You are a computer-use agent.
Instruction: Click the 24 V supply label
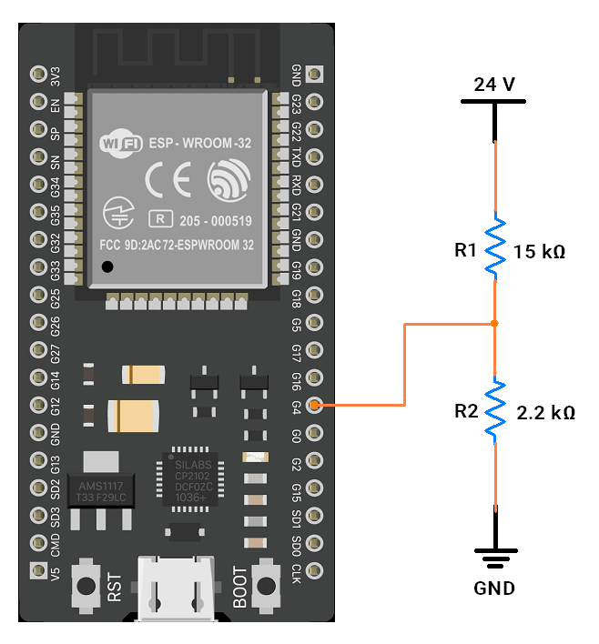coord(493,85)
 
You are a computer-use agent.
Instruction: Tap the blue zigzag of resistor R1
coord(495,246)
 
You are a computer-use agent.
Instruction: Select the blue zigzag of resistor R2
coord(495,409)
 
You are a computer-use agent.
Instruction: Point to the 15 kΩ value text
coord(540,252)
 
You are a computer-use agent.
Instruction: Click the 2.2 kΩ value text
coord(545,413)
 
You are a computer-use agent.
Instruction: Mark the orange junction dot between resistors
coord(494,324)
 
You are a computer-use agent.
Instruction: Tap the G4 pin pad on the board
coord(314,405)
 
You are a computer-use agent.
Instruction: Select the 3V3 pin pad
coord(38,75)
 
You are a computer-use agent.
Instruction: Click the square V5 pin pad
coord(38,570)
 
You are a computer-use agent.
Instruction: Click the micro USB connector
coord(176,589)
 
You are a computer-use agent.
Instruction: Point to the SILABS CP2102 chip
coord(190,479)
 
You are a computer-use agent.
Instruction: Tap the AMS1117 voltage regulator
coord(101,492)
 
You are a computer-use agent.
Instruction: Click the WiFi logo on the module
coord(121,144)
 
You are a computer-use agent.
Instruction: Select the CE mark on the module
coord(168,179)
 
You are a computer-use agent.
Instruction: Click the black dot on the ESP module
coord(107,267)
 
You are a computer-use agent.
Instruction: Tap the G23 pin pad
coord(314,102)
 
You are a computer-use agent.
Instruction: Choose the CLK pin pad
coord(314,570)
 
